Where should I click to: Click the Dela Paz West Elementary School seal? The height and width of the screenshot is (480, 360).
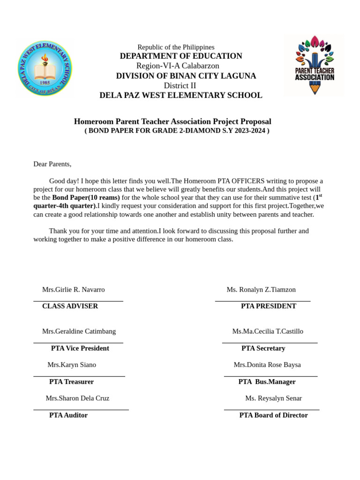[45, 68]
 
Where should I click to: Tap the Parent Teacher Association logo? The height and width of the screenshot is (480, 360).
[314, 65]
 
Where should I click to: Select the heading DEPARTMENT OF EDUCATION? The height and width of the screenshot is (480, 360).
[181, 56]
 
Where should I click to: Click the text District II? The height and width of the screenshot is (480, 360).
[180, 85]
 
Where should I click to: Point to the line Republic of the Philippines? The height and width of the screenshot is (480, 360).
[176, 47]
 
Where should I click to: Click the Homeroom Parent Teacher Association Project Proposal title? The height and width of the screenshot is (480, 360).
[172, 121]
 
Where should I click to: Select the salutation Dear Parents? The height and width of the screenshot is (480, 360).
[52, 164]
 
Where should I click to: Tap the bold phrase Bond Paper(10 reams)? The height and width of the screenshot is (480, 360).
[86, 198]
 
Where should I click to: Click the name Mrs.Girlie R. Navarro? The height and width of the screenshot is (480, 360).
[74, 290]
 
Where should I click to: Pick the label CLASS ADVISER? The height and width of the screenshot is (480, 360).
[70, 306]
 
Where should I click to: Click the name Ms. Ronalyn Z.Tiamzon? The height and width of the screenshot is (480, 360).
[261, 290]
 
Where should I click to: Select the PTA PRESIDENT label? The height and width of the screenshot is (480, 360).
[269, 306]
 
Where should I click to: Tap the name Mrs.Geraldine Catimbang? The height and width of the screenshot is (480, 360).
[79, 331]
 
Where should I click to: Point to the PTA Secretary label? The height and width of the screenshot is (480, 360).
[263, 348]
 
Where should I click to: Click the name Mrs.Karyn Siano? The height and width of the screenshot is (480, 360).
[72, 365]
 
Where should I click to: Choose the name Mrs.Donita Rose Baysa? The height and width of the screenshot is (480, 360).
[267, 365]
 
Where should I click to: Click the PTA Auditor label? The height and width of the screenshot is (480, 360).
[68, 415]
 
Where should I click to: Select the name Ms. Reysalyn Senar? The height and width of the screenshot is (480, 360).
[273, 398]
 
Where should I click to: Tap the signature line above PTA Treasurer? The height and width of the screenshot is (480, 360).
[79, 376]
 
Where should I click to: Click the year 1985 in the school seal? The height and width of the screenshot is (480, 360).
[45, 82]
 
